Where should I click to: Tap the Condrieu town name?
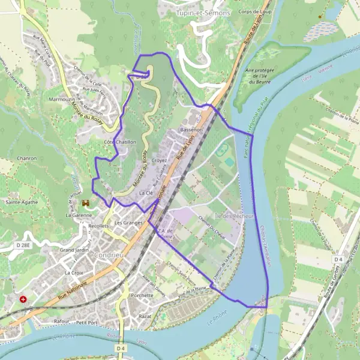(x=109, y=254)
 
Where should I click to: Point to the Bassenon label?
(x=191, y=130)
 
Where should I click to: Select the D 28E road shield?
(x=23, y=246)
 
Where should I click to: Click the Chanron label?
(x=28, y=158)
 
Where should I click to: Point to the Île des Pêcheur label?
(x=235, y=215)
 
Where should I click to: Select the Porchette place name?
(x=142, y=295)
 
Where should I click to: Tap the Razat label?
(x=145, y=316)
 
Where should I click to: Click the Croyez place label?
(x=159, y=161)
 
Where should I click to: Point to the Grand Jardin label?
(x=74, y=249)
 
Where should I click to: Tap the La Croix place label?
(x=73, y=272)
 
